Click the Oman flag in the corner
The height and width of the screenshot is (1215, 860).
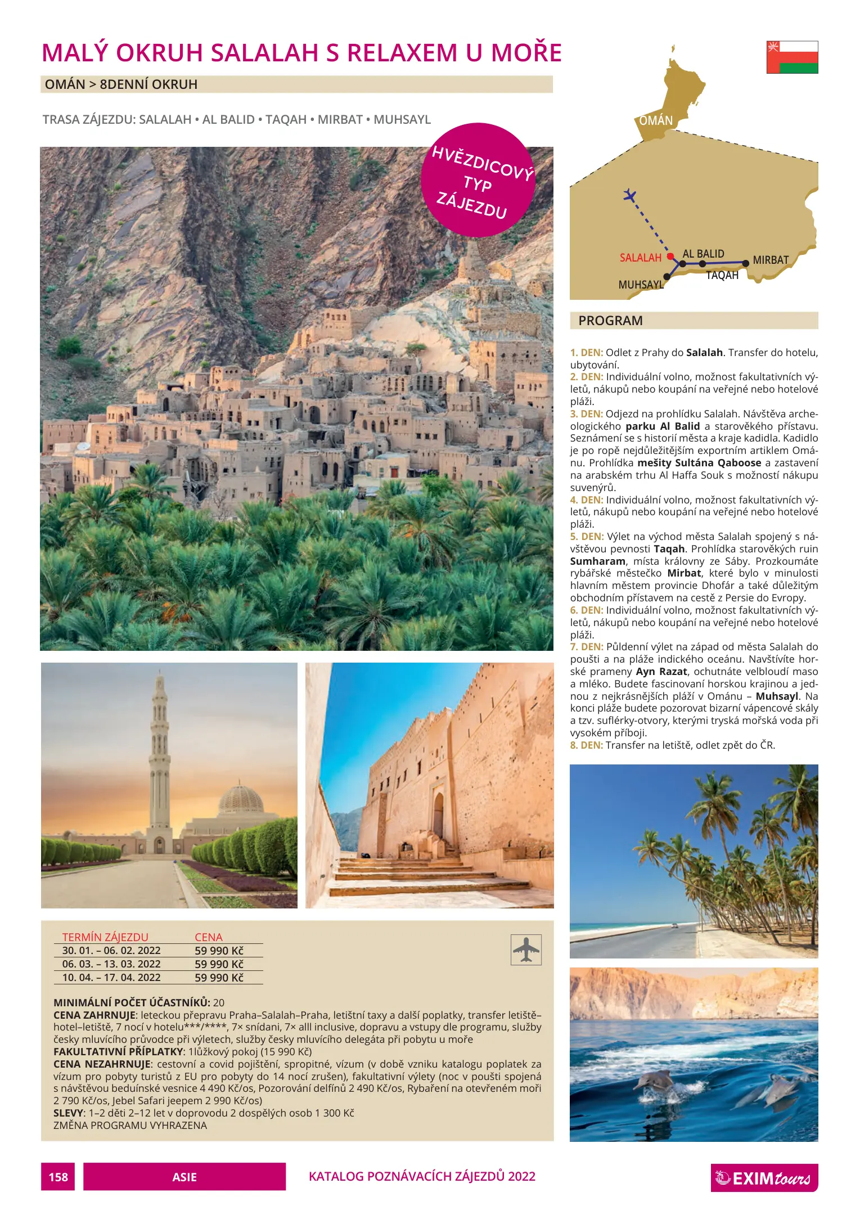(x=792, y=57)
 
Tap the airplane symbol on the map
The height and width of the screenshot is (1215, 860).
(x=630, y=196)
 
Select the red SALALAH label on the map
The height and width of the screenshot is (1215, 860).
(x=640, y=258)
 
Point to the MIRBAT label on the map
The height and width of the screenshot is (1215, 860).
(x=771, y=260)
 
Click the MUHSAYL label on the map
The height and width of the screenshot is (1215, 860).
(x=641, y=285)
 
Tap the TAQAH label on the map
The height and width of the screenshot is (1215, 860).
(x=722, y=276)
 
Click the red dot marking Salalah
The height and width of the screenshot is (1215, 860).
(x=670, y=256)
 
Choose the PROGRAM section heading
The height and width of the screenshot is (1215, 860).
(x=610, y=321)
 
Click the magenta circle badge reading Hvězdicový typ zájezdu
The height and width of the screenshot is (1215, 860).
(x=478, y=180)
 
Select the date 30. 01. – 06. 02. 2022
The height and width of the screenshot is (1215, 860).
(x=111, y=951)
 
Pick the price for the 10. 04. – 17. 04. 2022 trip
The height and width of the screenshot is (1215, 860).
(x=219, y=978)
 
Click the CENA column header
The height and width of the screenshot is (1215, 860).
(x=209, y=937)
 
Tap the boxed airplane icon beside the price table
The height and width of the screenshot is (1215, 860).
(x=526, y=950)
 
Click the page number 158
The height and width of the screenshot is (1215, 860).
(x=58, y=1177)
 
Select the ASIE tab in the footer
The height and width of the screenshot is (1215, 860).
(x=184, y=1177)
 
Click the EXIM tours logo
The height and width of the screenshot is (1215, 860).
(x=764, y=1177)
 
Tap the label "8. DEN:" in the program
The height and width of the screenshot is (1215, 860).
(x=586, y=745)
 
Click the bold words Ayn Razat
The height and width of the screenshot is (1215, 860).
(x=661, y=672)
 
